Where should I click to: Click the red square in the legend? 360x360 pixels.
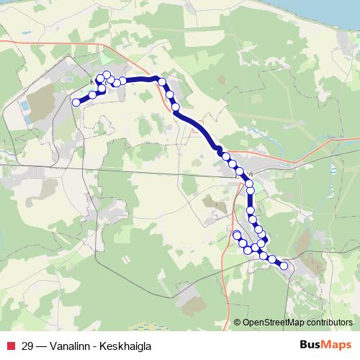tap(9, 346)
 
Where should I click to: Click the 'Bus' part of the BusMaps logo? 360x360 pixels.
tap(310, 345)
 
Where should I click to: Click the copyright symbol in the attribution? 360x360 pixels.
tap(238, 323)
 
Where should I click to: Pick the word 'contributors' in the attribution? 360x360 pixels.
tap(328, 323)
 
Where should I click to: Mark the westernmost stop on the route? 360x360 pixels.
tap(76, 103)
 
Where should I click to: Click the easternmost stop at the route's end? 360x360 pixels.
tap(284, 266)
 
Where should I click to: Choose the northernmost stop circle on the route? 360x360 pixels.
tap(107, 74)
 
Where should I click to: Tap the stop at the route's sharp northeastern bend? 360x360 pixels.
tap(163, 82)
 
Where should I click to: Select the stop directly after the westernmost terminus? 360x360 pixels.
tap(92, 95)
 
